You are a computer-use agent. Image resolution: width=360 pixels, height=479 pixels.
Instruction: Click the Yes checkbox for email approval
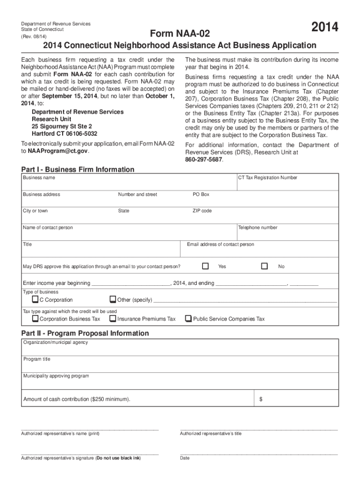point(205,266)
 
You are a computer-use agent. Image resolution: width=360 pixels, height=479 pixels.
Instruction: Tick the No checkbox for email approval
point(265,266)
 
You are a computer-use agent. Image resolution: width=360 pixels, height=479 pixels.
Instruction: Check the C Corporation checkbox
point(36,299)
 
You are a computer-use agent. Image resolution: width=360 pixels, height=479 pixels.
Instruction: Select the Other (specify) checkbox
point(113,299)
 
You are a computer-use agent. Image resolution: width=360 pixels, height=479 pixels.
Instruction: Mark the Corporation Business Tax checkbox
point(36,319)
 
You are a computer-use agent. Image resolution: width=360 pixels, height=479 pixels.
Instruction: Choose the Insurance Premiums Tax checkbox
point(113,319)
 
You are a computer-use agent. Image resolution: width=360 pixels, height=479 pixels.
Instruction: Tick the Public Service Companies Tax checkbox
point(188,319)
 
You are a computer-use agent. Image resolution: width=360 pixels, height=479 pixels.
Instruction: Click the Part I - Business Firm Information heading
point(78,169)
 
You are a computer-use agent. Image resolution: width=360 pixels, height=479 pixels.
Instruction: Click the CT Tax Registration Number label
point(267,178)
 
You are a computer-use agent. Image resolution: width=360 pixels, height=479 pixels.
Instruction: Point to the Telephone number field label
point(258,228)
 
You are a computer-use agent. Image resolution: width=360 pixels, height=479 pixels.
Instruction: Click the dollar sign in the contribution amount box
point(261,399)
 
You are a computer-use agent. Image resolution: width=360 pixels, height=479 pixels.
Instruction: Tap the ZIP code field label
point(202,211)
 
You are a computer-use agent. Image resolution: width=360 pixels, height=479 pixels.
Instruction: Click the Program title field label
point(37,359)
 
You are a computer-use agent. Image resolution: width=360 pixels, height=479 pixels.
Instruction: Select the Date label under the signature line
point(185,458)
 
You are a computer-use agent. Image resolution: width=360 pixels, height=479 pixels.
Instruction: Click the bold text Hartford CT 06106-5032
point(65,134)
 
